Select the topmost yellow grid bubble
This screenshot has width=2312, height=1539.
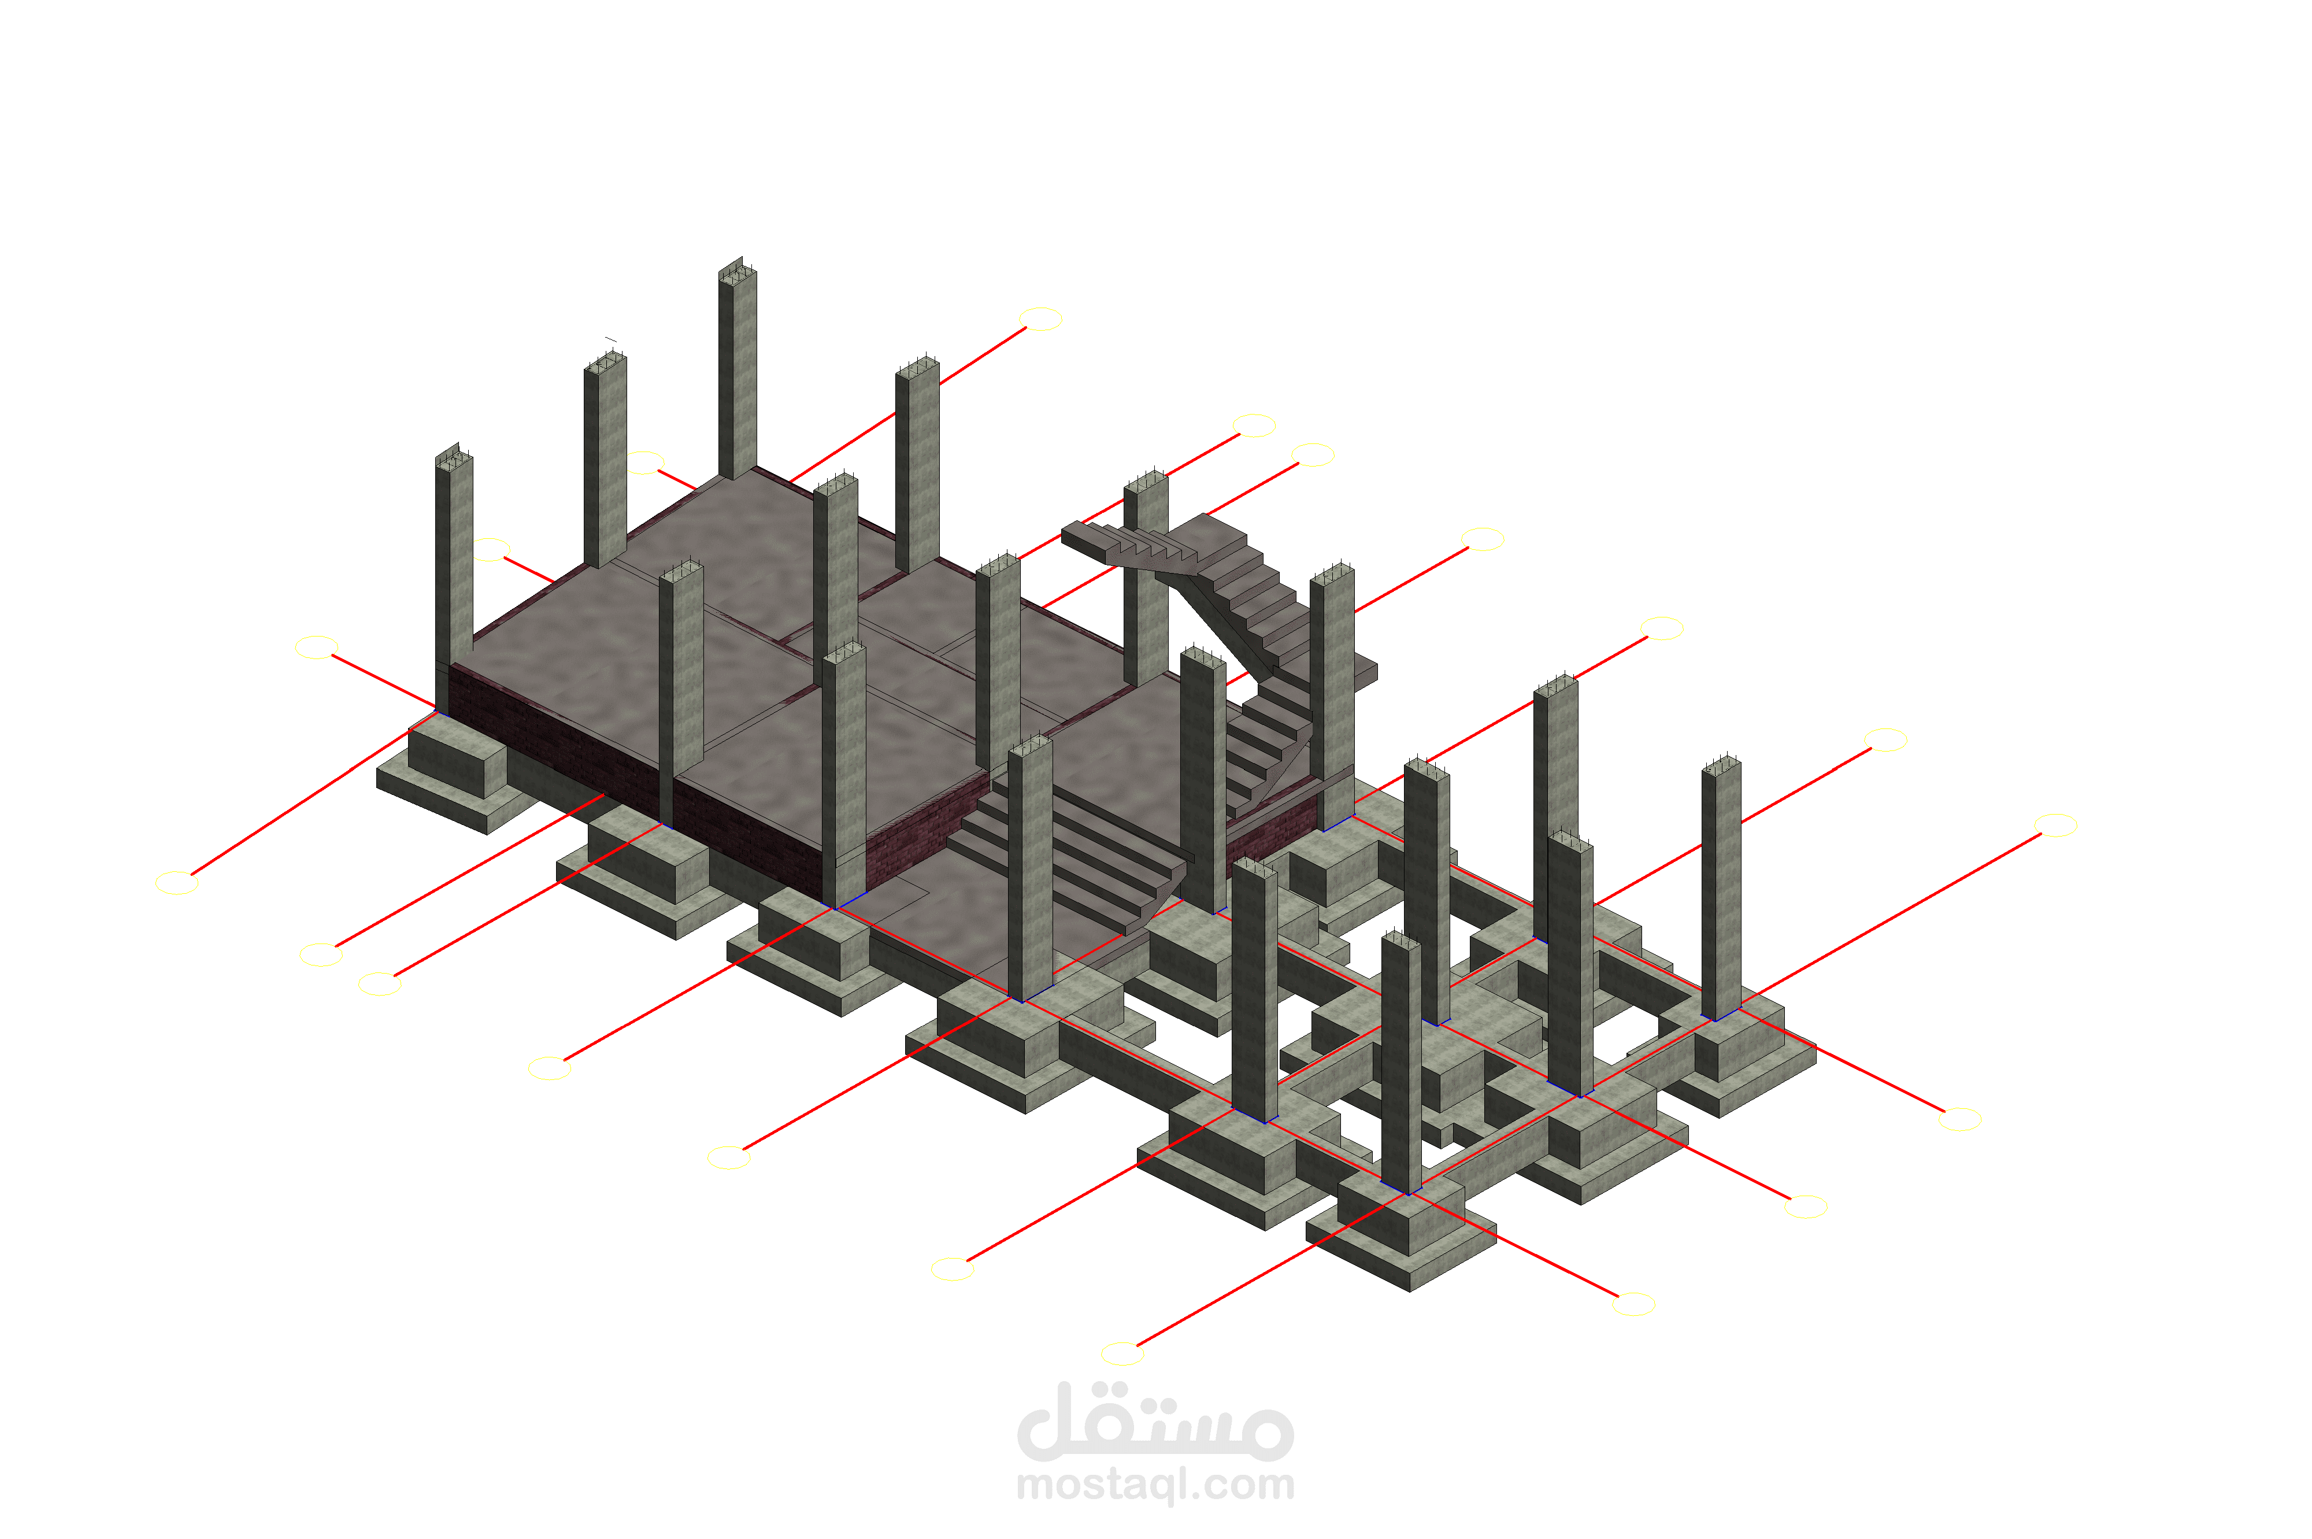pyautogui.click(x=1041, y=319)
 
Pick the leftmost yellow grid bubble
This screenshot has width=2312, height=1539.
pyautogui.click(x=177, y=882)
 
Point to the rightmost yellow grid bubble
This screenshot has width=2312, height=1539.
pyautogui.click(x=2056, y=826)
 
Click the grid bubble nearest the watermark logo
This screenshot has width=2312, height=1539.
pyautogui.click(x=1122, y=1355)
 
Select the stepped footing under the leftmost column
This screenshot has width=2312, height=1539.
pyautogui.click(x=457, y=775)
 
